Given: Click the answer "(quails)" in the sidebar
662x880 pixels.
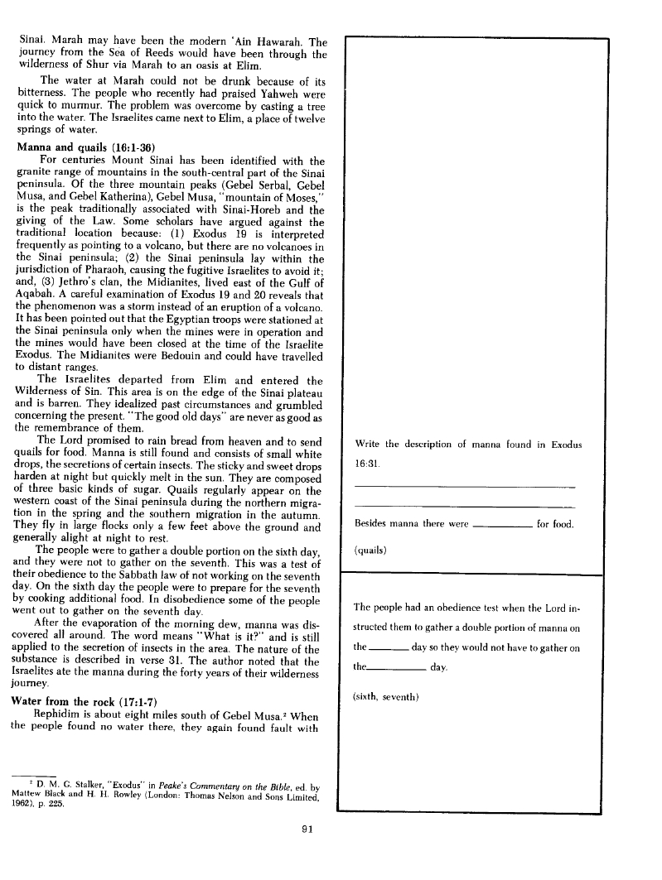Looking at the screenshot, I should pyautogui.click(x=370, y=549).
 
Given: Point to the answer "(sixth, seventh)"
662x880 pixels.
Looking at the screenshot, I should pyautogui.click(x=387, y=695).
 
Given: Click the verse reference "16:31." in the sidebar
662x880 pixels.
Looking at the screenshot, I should pyautogui.click(x=367, y=464).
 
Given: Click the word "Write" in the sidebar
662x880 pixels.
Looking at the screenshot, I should pyautogui.click(x=368, y=445).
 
